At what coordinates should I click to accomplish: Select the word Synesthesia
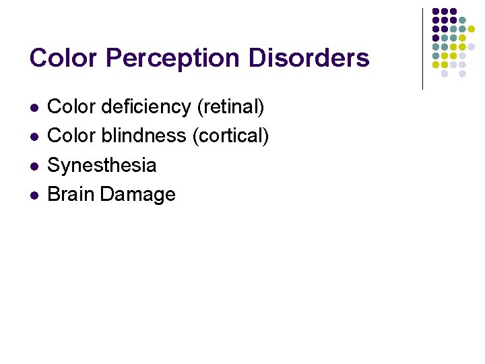[102, 165]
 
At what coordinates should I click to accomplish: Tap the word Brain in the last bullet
[71, 194]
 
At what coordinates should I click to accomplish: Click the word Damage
[137, 194]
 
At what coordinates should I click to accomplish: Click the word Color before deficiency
[72, 107]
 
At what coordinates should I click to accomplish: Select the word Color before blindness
[72, 135]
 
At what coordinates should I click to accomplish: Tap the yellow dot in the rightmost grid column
[472, 30]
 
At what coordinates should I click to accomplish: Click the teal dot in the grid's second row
[463, 21]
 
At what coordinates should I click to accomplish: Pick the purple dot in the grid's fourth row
[436, 38]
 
